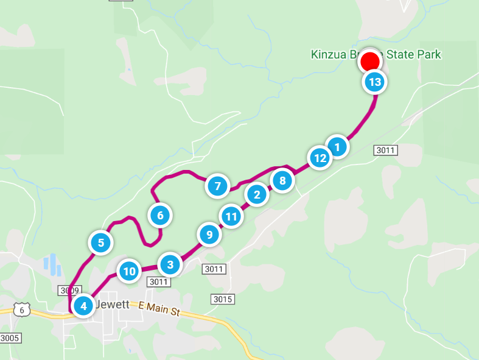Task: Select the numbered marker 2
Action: click(257, 195)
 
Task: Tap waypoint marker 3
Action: click(170, 265)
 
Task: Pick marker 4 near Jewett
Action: click(83, 305)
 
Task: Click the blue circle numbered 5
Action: click(101, 243)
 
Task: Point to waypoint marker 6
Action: click(160, 214)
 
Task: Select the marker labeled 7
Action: click(217, 186)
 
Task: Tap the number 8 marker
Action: click(282, 180)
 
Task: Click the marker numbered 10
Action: click(129, 271)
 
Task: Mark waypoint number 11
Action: click(231, 216)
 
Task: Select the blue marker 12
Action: click(319, 158)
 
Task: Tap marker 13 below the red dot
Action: click(375, 82)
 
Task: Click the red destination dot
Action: click(370, 62)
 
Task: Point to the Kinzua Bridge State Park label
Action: click(376, 55)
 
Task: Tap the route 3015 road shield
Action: click(222, 299)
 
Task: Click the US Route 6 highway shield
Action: click(23, 309)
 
